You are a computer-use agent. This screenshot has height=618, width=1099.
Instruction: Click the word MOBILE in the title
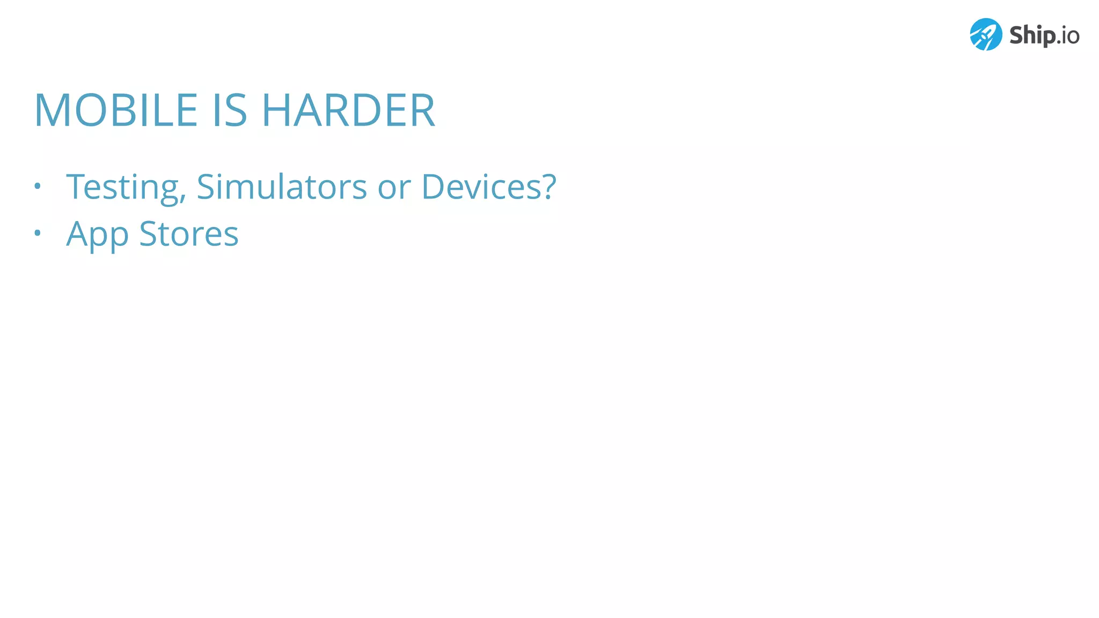coord(116,111)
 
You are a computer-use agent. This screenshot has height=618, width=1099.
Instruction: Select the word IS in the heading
coord(230,111)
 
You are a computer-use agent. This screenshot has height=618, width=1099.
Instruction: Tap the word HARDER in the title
coord(348,111)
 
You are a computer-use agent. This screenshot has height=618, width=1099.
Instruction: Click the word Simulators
coord(282,187)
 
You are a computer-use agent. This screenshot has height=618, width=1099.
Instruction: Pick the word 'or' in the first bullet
coord(394,188)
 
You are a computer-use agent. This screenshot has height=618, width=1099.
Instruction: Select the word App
coord(97,234)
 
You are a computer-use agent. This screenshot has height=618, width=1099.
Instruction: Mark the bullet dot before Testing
coord(37,186)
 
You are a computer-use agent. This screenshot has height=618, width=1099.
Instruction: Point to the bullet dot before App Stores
coord(37,233)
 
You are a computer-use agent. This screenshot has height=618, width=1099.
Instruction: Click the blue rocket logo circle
coord(986,35)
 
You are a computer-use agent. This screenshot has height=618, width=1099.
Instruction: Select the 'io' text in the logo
coord(1069,36)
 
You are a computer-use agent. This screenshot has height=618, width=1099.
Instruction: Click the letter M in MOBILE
coord(53,111)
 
